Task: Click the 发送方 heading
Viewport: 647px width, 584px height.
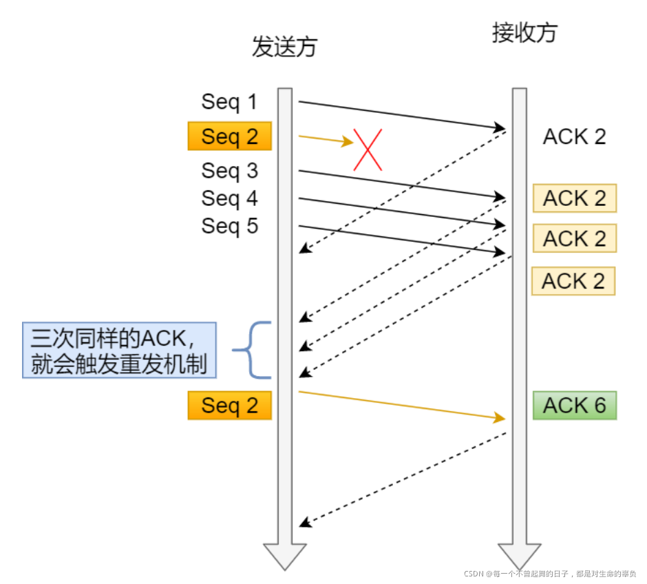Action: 284,47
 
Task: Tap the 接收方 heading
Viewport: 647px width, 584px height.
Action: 524,32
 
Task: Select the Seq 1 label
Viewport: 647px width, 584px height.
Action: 229,102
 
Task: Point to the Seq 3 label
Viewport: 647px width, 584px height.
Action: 229,170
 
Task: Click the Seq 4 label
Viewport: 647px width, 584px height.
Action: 229,198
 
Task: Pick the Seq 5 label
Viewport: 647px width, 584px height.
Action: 229,226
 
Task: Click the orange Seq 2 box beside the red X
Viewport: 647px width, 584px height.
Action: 229,136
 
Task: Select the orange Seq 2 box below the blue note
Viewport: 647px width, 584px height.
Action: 229,406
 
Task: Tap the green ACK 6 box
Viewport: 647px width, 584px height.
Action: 574,406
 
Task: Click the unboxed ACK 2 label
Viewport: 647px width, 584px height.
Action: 574,136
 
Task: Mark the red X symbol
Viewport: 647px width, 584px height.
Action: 368,149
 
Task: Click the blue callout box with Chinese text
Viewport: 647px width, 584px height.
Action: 119,351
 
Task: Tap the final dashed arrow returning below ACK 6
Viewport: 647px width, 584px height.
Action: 403,479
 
